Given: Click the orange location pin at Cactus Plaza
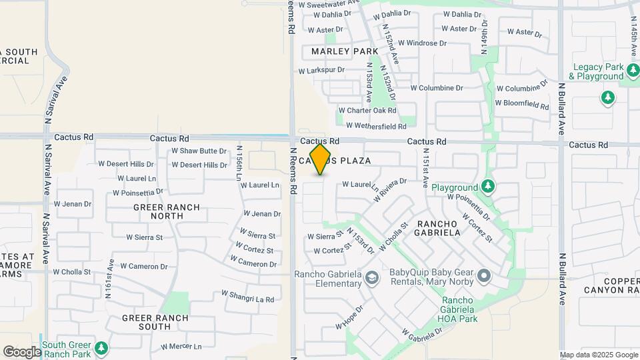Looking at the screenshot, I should (321, 159).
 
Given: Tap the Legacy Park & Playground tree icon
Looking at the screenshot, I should (607, 98).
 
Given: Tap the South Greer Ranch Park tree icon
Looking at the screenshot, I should (101, 349).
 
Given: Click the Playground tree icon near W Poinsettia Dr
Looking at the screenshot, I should (489, 185).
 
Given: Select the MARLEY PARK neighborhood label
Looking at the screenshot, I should (345, 51).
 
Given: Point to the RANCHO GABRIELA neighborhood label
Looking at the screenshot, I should (438, 228).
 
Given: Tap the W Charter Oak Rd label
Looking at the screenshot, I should (367, 111).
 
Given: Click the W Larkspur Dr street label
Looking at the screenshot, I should (321, 70).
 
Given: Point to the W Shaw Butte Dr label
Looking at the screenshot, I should (199, 151).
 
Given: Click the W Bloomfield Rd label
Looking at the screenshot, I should (521, 103).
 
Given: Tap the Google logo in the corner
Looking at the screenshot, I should (22, 351).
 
